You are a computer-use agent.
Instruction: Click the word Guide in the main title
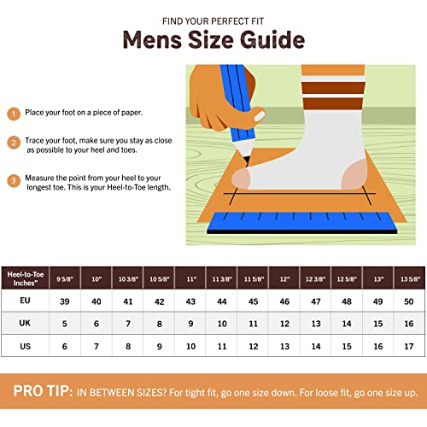coord(272,39)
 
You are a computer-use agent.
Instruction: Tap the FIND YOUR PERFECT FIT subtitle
coord(213,21)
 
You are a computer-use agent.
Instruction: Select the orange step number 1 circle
coord(14,114)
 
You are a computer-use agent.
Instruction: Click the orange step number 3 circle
coord(14,180)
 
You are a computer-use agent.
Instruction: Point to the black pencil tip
coord(247,161)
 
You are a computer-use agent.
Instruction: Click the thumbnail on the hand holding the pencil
coord(260,116)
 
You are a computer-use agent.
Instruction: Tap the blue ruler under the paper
coord(301,223)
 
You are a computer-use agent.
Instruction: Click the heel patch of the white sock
coord(354,174)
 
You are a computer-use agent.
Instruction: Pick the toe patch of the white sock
coord(241,178)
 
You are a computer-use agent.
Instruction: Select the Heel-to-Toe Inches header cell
coord(26,278)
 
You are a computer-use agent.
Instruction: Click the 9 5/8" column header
coord(65,278)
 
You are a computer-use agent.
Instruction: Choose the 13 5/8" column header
coord(410,278)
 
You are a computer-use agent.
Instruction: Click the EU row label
coord(25,301)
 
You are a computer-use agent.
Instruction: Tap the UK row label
coord(25,323)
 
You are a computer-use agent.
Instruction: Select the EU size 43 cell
coord(190,301)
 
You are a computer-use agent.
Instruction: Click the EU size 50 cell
coord(409,301)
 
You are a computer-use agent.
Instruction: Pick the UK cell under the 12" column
coord(284,324)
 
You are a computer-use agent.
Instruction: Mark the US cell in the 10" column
coord(97,346)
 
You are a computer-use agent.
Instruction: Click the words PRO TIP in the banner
coord(43,391)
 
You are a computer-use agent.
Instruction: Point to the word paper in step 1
coord(132,113)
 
